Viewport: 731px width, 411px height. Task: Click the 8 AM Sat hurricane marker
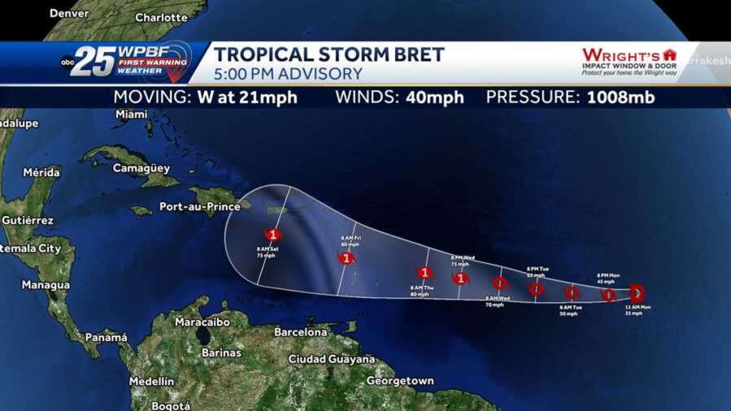274,235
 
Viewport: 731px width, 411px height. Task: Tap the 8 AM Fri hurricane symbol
347,258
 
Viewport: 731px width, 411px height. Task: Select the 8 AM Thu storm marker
424,272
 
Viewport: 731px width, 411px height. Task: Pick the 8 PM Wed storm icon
461,278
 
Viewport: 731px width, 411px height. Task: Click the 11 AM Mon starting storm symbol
637,291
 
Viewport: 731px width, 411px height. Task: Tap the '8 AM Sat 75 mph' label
266,251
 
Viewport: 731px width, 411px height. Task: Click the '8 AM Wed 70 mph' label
498,301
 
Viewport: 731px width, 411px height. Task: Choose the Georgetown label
399,380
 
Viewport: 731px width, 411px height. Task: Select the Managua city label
46,285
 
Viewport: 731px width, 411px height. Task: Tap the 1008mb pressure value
616,97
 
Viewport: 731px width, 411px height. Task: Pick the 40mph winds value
433,97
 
